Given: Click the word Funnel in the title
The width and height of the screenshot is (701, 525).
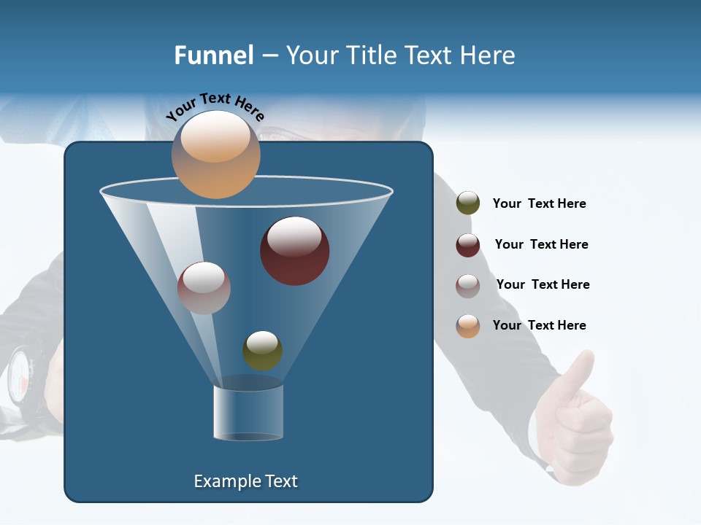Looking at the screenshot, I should [213, 55].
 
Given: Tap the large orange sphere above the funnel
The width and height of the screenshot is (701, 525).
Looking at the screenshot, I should [215, 155].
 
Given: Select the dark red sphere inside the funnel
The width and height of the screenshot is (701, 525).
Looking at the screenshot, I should [294, 251].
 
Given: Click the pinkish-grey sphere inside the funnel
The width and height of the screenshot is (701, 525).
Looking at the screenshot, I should [204, 288].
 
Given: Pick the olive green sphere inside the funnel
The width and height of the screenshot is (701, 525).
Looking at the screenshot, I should [262, 351].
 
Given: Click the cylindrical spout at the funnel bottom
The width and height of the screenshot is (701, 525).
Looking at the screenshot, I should [248, 412].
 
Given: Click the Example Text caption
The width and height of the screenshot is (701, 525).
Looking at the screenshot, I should [245, 481].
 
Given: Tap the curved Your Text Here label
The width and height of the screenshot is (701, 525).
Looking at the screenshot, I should [215, 106].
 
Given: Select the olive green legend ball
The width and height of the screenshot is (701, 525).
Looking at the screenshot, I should [468, 203].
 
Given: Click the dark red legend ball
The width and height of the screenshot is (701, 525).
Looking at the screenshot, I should [468, 245].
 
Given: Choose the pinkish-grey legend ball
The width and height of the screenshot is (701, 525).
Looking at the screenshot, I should [468, 286].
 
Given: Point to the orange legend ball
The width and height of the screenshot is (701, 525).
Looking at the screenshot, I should [468, 326].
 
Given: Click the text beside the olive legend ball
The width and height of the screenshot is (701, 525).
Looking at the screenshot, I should [539, 203].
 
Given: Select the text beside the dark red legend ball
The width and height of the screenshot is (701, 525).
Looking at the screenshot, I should [541, 244].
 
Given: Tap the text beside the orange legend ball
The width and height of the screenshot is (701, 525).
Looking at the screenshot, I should [539, 325].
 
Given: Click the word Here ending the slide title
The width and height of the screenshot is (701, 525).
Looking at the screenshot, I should [487, 55].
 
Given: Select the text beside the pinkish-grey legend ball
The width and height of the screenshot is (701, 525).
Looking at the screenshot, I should [543, 284].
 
